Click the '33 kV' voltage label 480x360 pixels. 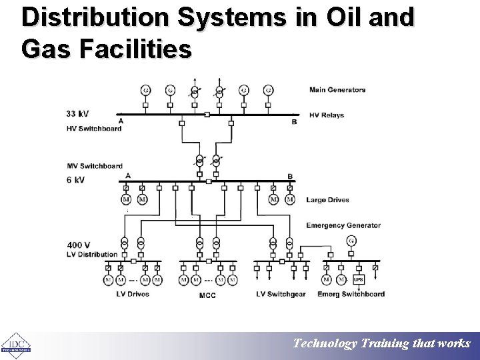(77, 113)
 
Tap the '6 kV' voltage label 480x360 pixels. (75, 180)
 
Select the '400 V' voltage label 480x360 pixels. (78, 245)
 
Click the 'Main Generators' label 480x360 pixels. (337, 90)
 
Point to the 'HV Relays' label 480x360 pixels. (327, 115)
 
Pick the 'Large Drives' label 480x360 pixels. (327, 199)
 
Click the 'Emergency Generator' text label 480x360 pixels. (343, 225)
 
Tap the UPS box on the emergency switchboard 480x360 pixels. (358, 280)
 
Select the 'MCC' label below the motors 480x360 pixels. (207, 295)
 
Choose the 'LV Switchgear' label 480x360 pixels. (281, 294)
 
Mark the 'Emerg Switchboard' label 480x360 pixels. (351, 294)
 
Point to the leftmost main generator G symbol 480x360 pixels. (145, 90)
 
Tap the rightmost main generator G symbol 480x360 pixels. (269, 90)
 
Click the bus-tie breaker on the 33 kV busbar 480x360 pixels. (207, 115)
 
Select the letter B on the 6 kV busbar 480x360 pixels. (290, 176)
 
